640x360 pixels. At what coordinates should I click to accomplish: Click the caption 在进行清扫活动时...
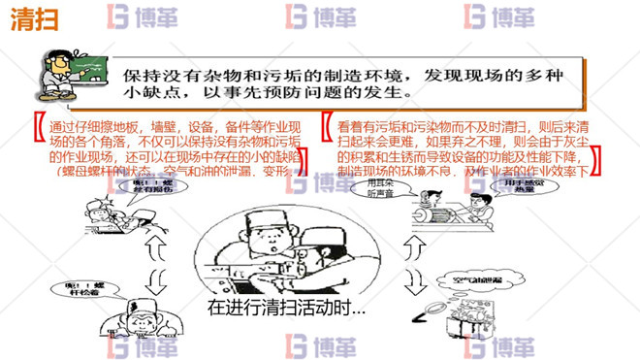[287, 310]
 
